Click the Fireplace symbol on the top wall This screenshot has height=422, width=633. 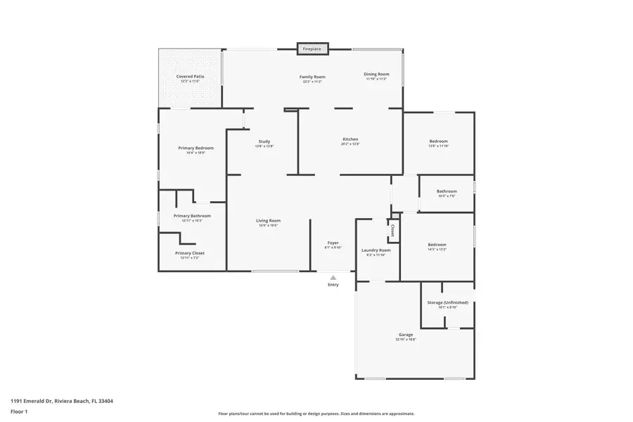tap(312, 49)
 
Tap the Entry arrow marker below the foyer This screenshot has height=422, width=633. tap(333, 278)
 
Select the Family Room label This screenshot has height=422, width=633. tap(312, 77)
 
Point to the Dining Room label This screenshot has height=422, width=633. tap(376, 74)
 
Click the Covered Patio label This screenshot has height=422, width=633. tap(190, 77)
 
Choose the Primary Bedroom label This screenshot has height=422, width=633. tap(196, 148)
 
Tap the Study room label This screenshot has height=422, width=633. tap(264, 141)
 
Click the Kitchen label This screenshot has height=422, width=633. tap(350, 139)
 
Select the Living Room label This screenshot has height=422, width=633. tap(268, 221)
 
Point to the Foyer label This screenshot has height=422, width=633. tap(333, 243)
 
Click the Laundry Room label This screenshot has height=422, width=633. tap(376, 250)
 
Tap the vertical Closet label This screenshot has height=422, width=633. tap(392, 230)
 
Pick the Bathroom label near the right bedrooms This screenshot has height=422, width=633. tap(447, 191)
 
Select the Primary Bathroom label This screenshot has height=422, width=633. tap(192, 216)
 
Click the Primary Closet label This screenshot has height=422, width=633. tap(190, 253)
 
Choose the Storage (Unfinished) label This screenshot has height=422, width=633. tap(447, 303)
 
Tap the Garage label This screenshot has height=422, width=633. tap(406, 335)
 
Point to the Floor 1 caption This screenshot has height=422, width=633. tap(19, 411)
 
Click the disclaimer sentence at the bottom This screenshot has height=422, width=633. tap(316, 414)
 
